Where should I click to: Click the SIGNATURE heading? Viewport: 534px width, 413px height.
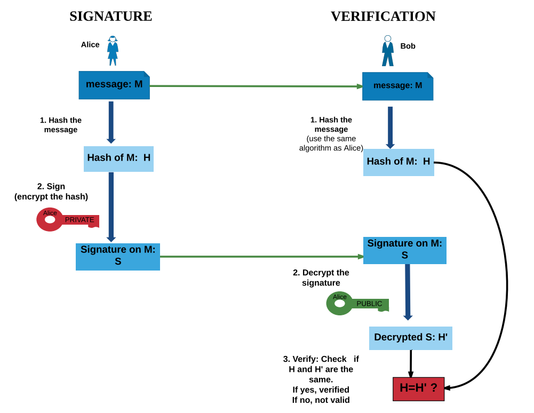pos(110,17)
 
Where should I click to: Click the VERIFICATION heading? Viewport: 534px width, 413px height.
pos(382,17)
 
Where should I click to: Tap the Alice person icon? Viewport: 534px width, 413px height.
pos(113,51)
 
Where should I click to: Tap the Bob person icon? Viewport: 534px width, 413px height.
pos(388,51)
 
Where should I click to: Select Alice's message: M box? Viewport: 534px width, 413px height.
pos(114,85)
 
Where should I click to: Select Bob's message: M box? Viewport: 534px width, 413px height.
pos(397,86)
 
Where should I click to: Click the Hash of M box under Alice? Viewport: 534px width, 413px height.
pos(118,158)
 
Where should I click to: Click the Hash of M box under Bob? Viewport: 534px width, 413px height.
pos(398,162)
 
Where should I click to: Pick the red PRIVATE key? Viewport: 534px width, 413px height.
pos(68,219)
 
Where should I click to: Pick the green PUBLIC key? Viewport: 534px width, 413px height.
pos(357,303)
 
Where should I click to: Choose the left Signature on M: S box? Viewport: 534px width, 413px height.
pos(118,256)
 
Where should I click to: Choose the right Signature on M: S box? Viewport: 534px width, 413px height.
pos(404,250)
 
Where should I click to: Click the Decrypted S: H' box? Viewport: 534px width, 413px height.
pos(410,338)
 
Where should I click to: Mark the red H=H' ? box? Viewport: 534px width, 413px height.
pos(418,388)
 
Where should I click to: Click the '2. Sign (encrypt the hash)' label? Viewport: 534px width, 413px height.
pos(51,192)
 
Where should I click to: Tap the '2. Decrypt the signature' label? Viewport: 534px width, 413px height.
pos(321,277)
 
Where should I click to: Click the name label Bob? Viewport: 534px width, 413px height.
pos(408,46)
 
